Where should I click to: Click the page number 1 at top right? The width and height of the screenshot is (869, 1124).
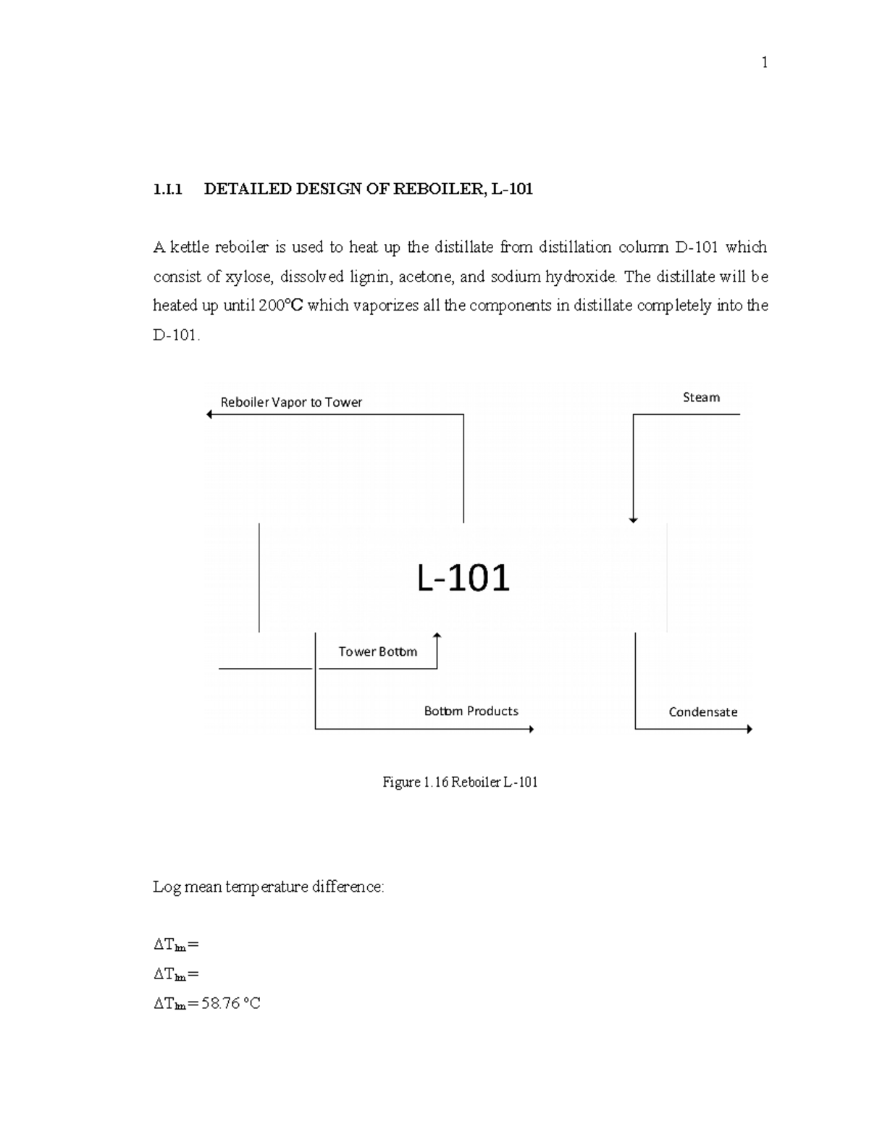pos(764,63)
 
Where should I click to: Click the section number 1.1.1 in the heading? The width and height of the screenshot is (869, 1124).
pos(167,190)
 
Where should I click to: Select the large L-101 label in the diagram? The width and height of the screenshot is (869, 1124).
pos(463,578)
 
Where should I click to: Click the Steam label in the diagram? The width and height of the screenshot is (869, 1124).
pos(701,397)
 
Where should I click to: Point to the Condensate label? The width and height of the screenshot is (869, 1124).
pos(702,712)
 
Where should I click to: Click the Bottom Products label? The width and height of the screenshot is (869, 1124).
pos(471,711)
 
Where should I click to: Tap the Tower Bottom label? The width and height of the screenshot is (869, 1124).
pos(377,652)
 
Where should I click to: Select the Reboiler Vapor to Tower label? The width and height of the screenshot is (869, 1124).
pos(291,402)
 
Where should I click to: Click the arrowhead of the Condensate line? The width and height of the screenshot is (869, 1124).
pos(750,729)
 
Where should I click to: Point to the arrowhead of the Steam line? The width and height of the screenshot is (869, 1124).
pos(634,519)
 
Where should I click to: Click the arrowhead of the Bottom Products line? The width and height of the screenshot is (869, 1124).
pos(531,729)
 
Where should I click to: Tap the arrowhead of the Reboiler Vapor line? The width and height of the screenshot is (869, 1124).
pos(209,415)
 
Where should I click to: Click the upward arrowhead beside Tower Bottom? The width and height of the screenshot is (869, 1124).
pos(437,635)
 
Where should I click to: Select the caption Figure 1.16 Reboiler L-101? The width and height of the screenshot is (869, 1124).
pos(460,782)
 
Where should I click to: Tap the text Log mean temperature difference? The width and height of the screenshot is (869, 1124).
pos(268,887)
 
